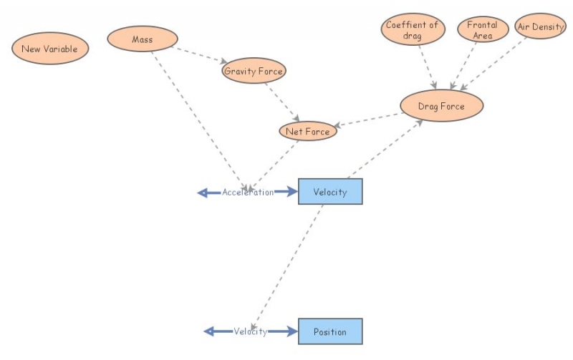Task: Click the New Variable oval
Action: tap(49, 49)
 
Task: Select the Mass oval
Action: tap(143, 39)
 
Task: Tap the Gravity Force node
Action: tap(254, 71)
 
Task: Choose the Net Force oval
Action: tap(307, 131)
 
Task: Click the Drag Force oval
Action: tap(441, 106)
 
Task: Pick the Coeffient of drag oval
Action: tap(411, 30)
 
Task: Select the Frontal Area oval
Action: tap(482, 30)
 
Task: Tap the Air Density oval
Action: tap(540, 26)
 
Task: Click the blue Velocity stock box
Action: tap(330, 192)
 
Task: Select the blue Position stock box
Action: tap(330, 331)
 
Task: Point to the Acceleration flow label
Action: tap(247, 192)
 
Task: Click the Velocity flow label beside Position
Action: tap(250, 331)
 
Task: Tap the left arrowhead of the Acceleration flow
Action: tap(203, 192)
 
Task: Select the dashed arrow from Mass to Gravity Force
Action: tap(201, 55)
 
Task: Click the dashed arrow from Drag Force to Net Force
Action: tap(368, 120)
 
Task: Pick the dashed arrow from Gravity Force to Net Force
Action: tap(282, 101)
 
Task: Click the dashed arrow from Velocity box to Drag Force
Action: tap(384, 150)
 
